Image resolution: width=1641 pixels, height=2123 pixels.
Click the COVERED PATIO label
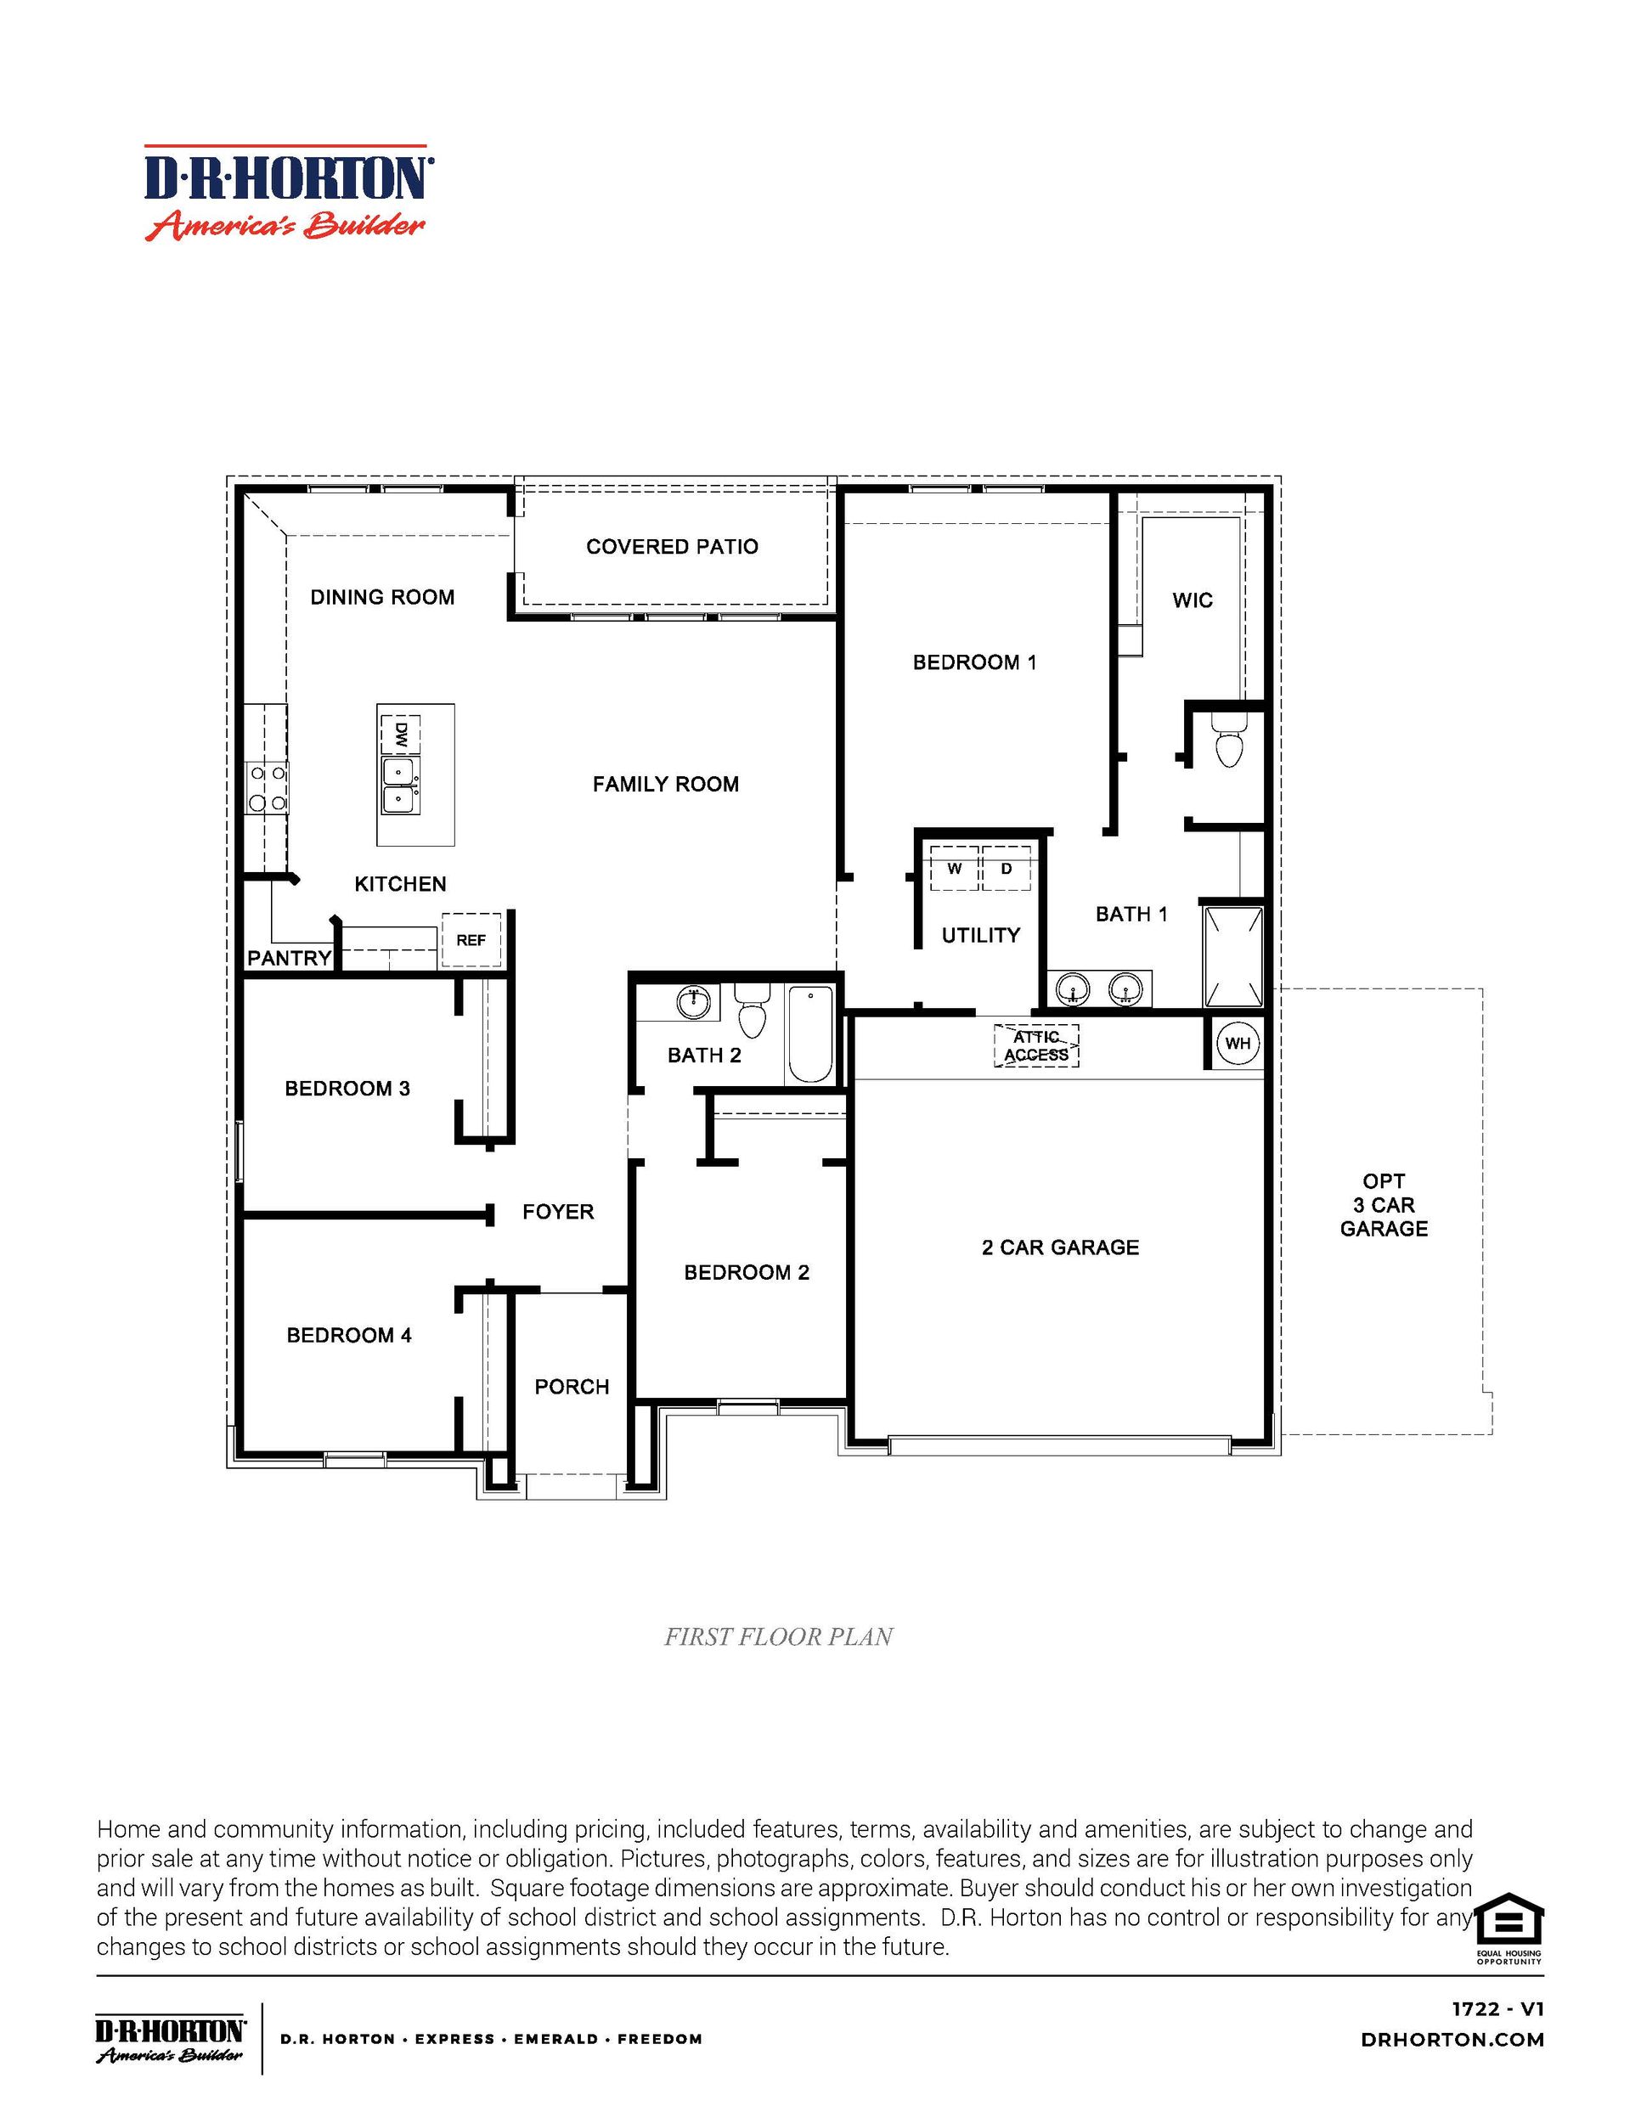click(x=672, y=546)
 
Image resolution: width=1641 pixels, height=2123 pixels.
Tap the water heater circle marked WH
click(x=1238, y=1044)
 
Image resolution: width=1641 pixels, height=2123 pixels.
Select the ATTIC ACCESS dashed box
click(x=1036, y=1046)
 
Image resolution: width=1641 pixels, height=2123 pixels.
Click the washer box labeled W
click(x=955, y=868)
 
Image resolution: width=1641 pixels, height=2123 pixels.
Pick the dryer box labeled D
click(x=1007, y=868)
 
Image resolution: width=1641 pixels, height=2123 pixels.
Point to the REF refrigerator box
click(x=471, y=940)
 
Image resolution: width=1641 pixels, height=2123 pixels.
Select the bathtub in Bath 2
click(x=809, y=1035)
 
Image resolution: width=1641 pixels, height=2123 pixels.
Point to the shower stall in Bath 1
click(x=1233, y=956)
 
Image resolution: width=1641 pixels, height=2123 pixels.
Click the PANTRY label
click(x=289, y=959)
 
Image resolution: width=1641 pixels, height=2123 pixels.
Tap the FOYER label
click(x=557, y=1212)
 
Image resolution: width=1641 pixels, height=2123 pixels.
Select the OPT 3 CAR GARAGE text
click(x=1384, y=1204)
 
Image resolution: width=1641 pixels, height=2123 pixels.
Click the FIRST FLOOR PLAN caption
click(x=778, y=1638)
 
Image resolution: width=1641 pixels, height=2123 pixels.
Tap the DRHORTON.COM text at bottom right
click(x=1452, y=2041)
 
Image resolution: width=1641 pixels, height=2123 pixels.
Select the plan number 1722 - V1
click(x=1497, y=2009)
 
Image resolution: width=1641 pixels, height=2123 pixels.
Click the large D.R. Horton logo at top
click(x=289, y=194)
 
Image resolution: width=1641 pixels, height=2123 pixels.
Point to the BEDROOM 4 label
click(x=348, y=1336)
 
